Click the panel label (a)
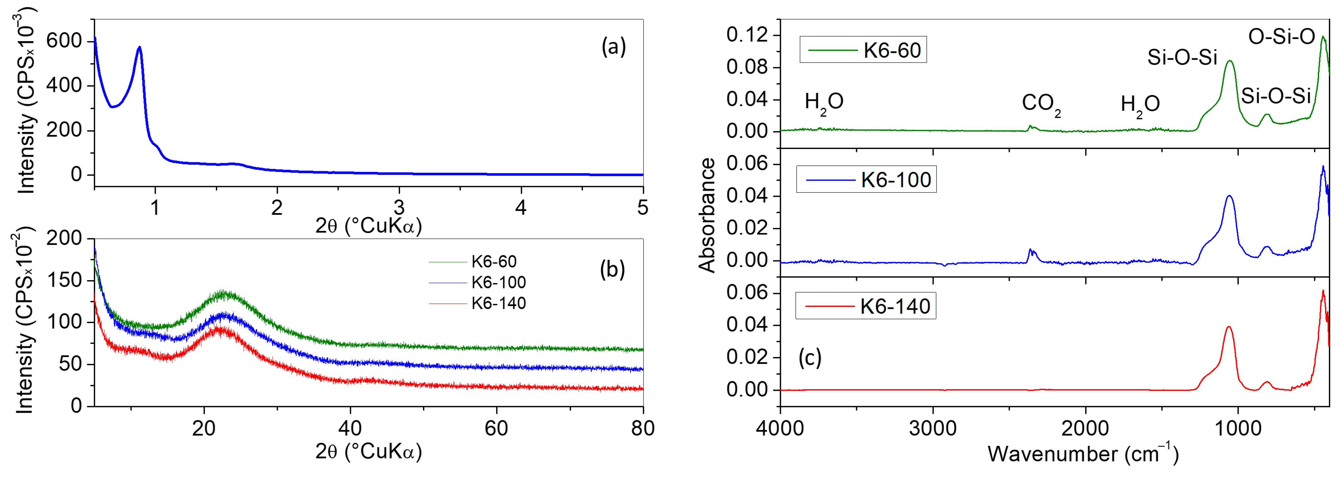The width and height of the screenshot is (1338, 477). click(x=613, y=47)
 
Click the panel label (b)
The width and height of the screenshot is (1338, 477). click(x=613, y=269)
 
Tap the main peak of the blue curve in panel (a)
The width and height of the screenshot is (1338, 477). click(x=139, y=48)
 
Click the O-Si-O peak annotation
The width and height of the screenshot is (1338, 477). click(x=1281, y=37)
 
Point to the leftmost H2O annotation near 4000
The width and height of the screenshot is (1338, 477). click(x=824, y=102)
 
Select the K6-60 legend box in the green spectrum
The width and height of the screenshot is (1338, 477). click(x=863, y=50)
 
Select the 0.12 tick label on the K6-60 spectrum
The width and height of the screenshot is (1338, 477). click(x=747, y=35)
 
